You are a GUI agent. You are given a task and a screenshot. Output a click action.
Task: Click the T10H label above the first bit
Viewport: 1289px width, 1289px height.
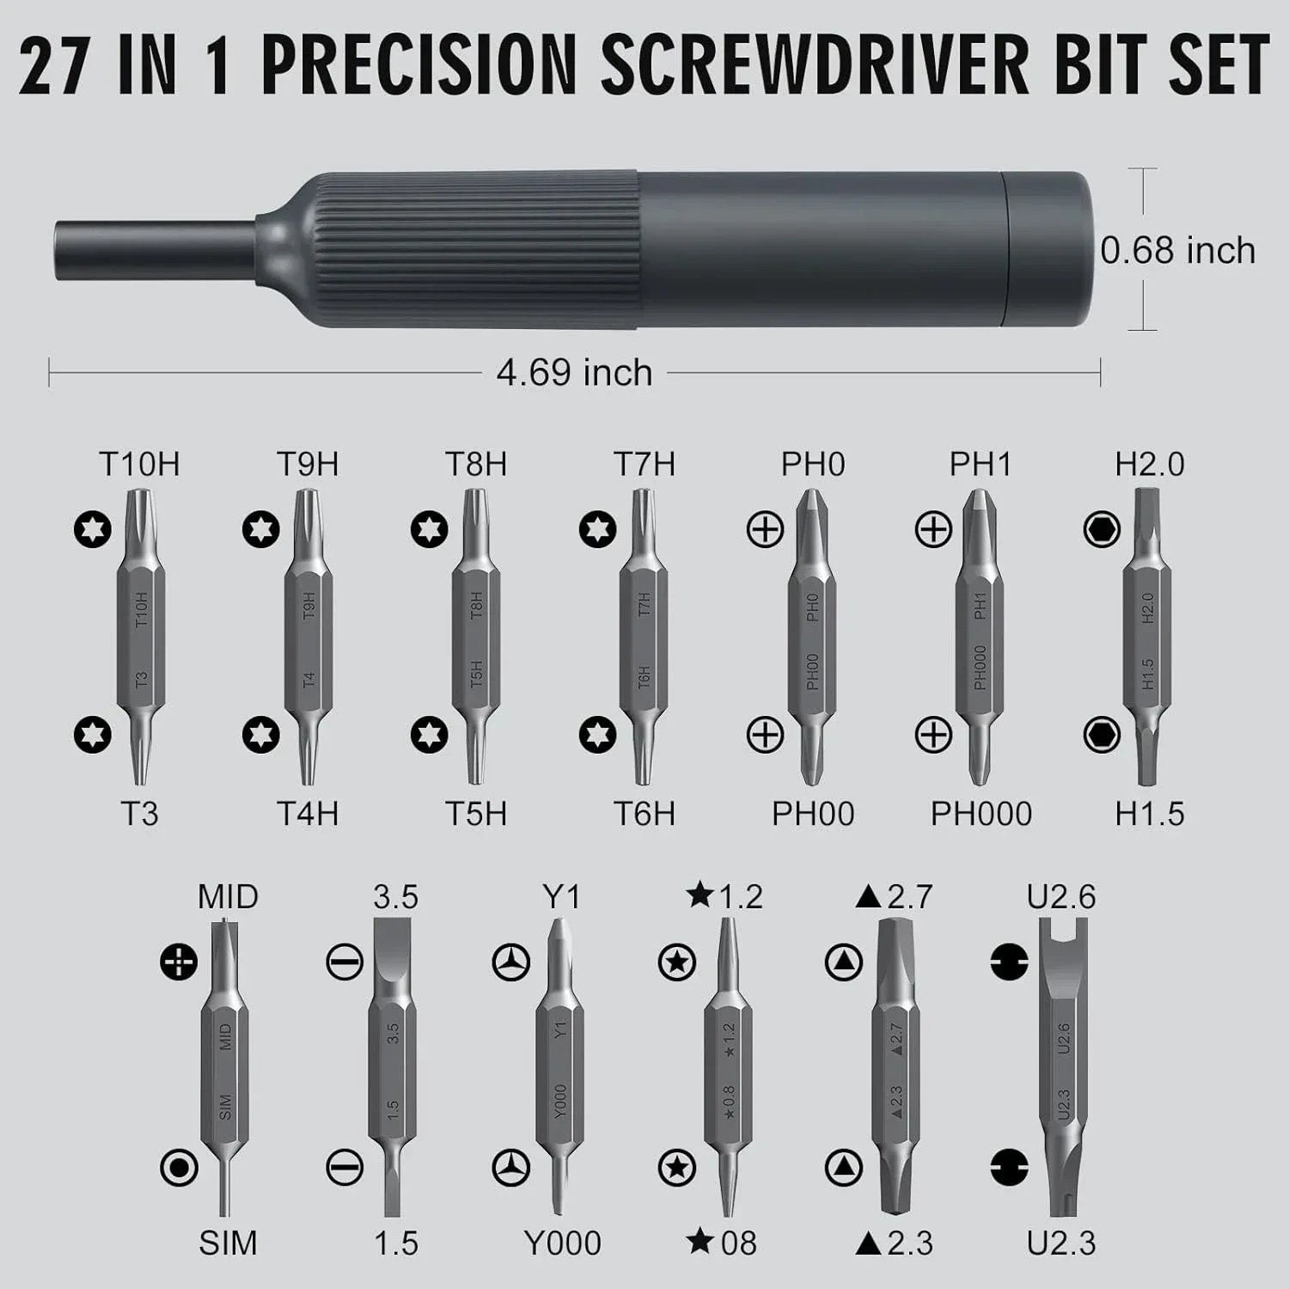coord(139,464)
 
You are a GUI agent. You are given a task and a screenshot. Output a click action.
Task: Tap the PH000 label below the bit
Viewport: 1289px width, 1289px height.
coord(980,814)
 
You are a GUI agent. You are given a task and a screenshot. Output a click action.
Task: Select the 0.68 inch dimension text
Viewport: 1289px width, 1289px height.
coord(1178,250)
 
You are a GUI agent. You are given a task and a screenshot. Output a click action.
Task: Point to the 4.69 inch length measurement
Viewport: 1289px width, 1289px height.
coord(574,373)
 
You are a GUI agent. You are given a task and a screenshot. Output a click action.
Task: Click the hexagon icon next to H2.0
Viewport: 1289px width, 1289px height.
coord(1102,530)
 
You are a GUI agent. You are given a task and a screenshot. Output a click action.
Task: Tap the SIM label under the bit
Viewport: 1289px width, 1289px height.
coord(228,1243)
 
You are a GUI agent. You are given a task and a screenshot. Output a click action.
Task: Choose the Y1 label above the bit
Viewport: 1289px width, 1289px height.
coord(561,897)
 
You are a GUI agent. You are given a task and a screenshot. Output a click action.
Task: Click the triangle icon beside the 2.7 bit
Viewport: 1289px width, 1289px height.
coord(843,962)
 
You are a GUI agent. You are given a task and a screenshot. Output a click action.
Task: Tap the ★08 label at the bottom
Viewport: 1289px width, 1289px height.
coord(722,1243)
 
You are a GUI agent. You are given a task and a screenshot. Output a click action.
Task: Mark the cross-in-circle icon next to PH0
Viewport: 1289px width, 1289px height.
coord(765,530)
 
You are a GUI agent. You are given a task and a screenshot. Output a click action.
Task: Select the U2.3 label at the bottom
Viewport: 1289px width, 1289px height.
coord(1061,1243)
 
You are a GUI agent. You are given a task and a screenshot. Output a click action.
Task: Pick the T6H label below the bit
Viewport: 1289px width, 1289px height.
coord(644,814)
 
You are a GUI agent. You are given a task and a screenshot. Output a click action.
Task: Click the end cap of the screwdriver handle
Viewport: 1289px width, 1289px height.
coord(1053,250)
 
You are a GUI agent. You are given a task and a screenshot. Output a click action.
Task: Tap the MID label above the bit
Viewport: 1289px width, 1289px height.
coord(228,897)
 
